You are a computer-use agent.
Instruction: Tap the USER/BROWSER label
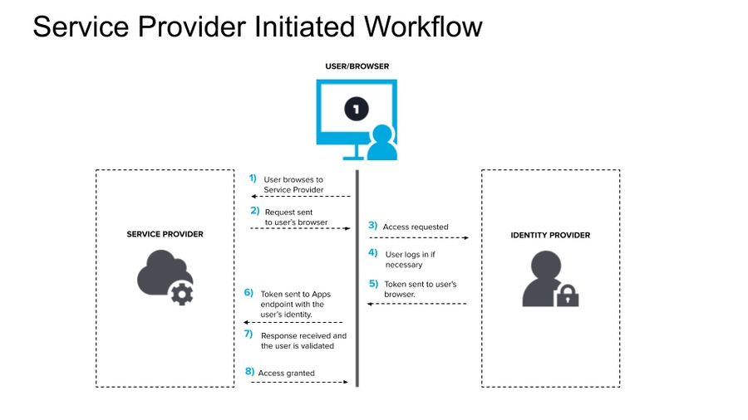coord(357,66)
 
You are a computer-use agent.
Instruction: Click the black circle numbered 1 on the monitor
coord(357,109)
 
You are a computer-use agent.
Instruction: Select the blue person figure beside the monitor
coord(382,143)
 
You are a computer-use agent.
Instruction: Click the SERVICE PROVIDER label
coord(165,235)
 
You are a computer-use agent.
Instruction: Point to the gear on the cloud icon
coord(181,293)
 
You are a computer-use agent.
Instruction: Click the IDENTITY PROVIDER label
coord(550,236)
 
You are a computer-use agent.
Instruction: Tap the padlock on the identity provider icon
coord(567,295)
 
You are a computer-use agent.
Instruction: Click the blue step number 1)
coord(253,178)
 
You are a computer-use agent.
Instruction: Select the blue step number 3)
coord(373,226)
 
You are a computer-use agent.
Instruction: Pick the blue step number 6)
coord(248,292)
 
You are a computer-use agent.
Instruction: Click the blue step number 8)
coord(249,372)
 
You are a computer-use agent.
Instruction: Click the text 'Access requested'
coord(415,227)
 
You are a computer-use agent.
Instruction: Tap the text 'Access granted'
coord(287,374)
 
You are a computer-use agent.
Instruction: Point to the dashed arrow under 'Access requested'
coord(419,238)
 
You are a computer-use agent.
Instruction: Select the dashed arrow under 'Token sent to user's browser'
coord(417,304)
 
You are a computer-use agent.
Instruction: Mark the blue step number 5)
coord(374,283)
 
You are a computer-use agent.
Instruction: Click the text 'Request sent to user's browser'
coord(296,217)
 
